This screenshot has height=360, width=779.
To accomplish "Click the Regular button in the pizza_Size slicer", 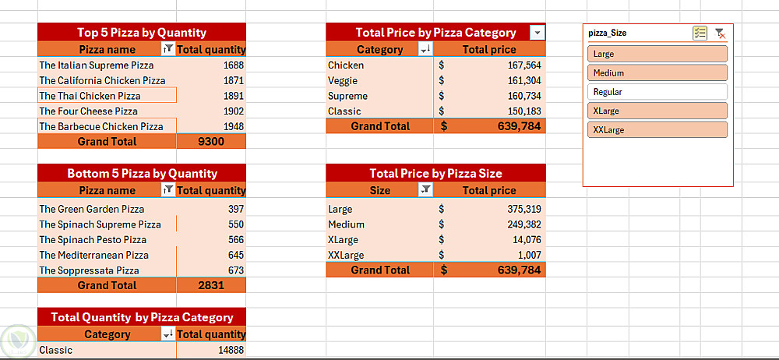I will click(657, 92).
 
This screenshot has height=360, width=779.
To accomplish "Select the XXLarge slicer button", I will click(657, 130).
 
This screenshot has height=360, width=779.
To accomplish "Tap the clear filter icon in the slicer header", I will click(721, 34).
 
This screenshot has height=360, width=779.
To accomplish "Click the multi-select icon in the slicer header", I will click(700, 34).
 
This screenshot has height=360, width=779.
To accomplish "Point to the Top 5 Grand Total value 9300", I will click(210, 142).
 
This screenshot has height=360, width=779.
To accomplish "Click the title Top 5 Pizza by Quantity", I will click(141, 33).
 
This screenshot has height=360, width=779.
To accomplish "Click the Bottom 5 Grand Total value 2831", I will click(210, 286).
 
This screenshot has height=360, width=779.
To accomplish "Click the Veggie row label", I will click(343, 80).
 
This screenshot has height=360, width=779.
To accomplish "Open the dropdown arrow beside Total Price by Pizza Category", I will click(537, 33).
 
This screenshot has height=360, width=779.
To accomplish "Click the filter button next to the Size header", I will click(425, 190).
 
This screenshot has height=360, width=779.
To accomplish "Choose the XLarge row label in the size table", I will click(344, 239).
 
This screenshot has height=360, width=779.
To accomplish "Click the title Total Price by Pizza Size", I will click(435, 173).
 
